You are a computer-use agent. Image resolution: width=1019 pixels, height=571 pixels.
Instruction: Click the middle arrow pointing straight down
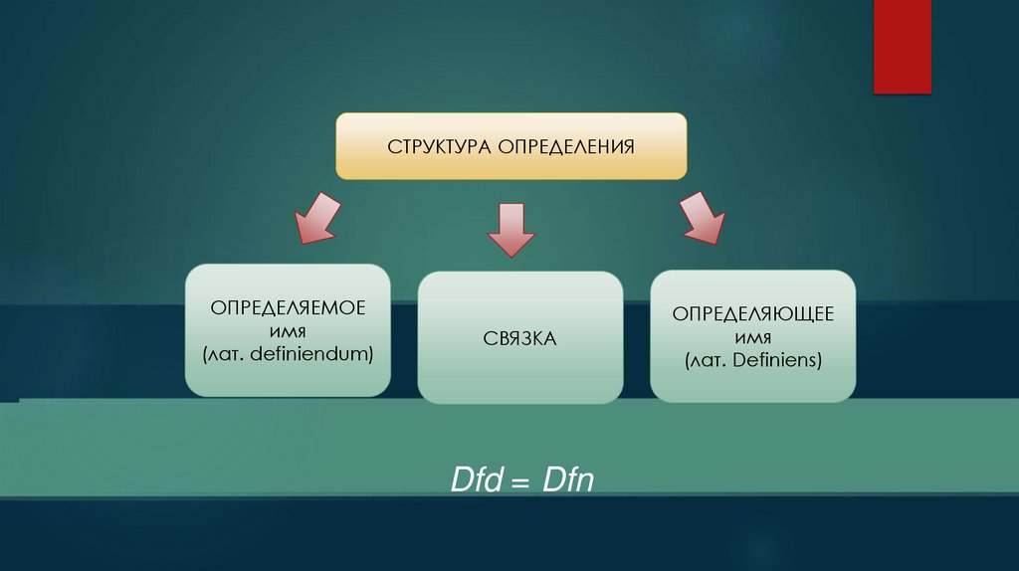[510, 230]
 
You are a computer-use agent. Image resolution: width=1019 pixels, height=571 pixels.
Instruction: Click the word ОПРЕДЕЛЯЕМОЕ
[287, 307]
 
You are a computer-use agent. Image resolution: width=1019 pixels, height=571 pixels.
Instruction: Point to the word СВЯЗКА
[519, 339]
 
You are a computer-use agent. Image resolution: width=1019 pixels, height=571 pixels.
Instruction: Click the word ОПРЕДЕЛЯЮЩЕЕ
[752, 314]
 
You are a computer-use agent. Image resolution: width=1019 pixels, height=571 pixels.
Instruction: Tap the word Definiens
[775, 360]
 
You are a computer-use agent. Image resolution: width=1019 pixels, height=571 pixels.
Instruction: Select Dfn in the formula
[568, 482]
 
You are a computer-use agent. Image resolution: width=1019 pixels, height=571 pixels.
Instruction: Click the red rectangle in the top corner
[902, 47]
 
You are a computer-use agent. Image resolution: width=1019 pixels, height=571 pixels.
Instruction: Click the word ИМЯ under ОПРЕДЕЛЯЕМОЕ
[287, 330]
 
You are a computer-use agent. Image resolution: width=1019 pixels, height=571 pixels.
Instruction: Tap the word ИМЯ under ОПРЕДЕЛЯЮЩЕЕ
[752, 337]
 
